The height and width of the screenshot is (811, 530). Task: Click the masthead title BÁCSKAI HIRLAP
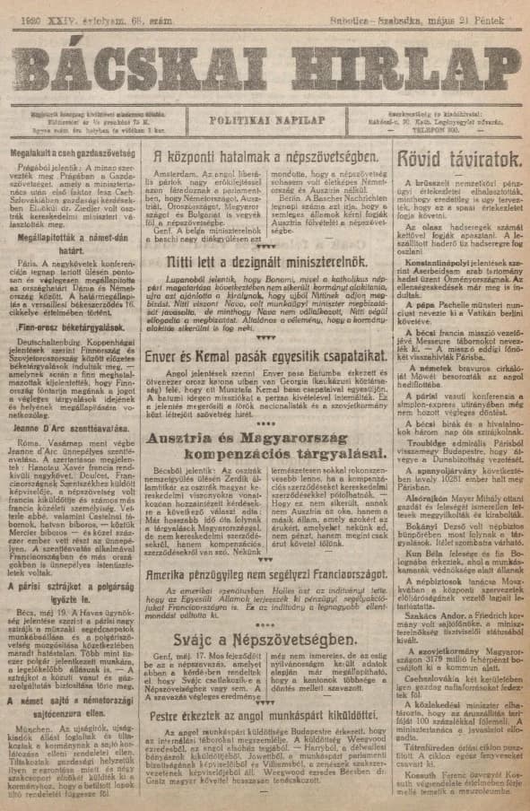click(x=265, y=59)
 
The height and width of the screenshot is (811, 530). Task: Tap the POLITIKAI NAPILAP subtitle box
click(x=265, y=119)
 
